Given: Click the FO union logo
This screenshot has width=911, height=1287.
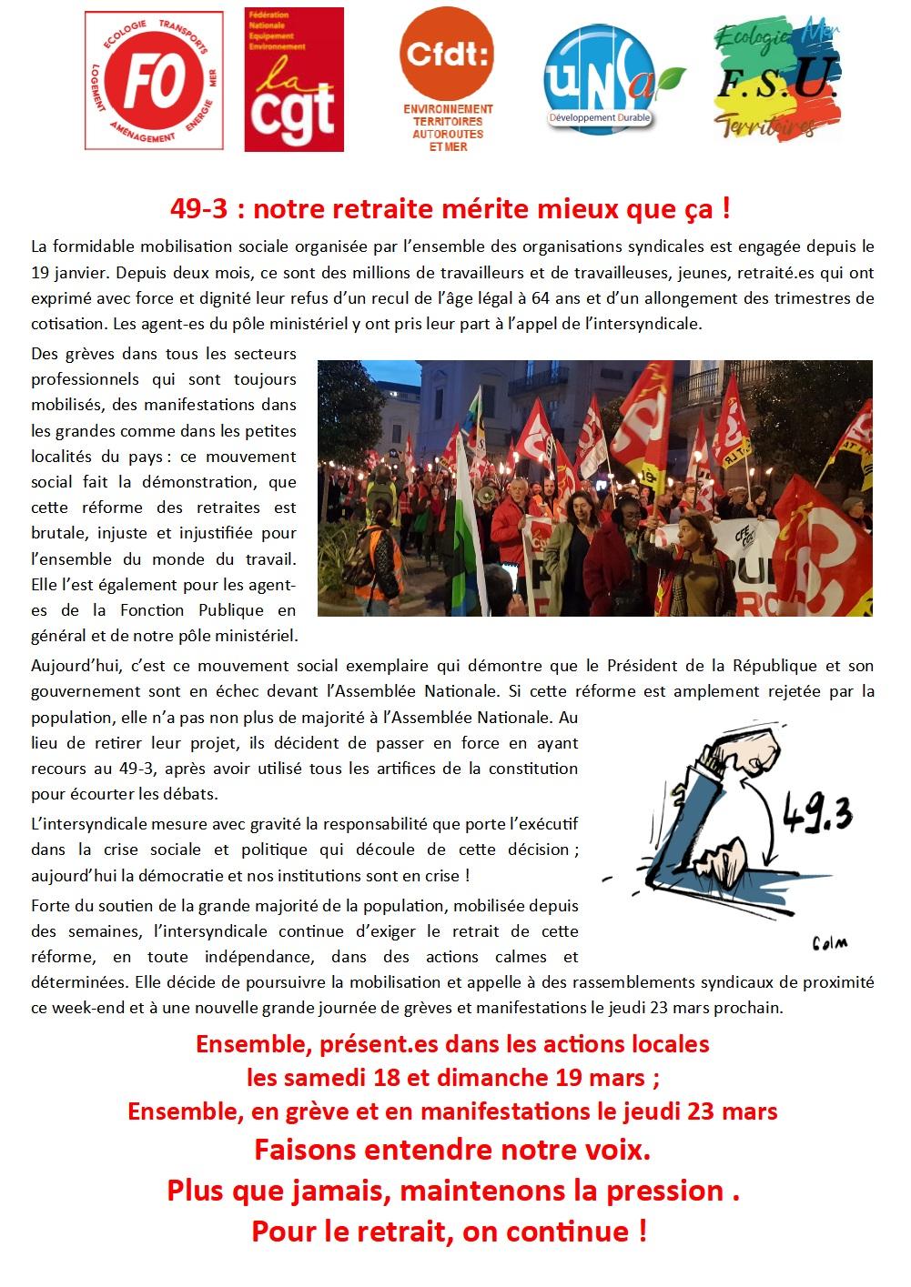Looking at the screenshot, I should [153, 81].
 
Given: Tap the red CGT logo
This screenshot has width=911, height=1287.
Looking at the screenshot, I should [294, 80].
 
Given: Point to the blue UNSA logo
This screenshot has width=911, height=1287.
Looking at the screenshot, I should [602, 80].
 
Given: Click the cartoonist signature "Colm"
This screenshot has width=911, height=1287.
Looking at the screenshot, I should [829, 943].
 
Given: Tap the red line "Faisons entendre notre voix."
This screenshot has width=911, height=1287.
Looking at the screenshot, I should [452, 1150].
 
